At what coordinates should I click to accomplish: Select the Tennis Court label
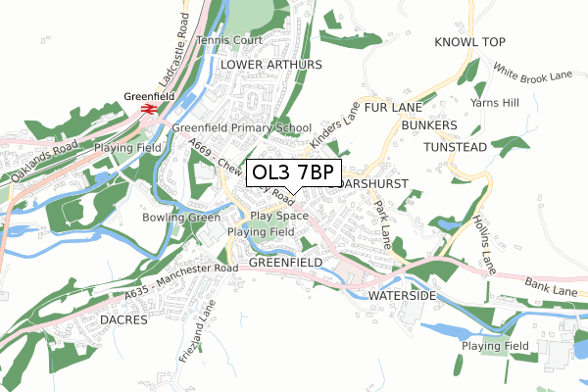tap(229, 40)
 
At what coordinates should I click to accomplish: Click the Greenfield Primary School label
tap(241, 127)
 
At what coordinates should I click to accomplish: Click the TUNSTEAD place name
tap(455, 147)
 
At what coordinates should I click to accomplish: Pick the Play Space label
tap(279, 216)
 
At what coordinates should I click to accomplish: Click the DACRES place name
tap(123, 320)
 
